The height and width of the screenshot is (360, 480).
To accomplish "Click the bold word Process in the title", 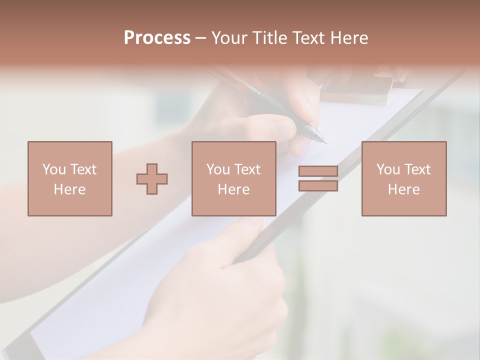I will coord(157,38).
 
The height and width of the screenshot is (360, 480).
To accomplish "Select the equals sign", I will coord(318,178).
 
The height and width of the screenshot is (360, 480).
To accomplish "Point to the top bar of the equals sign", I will coord(318,171).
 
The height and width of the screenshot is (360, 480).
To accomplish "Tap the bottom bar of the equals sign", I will coord(318,185).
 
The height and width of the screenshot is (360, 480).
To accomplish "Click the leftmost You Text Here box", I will coord(69,178).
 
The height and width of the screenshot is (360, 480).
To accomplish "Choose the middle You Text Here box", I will coord(233,178).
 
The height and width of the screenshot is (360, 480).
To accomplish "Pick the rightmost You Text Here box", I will coord(403,178).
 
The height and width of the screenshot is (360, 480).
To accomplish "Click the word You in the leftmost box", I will coord(54,169).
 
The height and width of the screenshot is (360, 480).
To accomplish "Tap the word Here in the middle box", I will coord(233,189).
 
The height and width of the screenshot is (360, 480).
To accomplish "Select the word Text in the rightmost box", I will coord(417,169).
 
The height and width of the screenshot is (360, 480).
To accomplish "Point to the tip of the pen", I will coord(325,142).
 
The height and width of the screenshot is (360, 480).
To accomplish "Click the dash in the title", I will coord(200,38).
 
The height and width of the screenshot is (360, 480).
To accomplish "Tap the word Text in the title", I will coord(307,38).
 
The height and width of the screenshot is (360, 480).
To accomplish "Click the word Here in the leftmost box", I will coord(69,189).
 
